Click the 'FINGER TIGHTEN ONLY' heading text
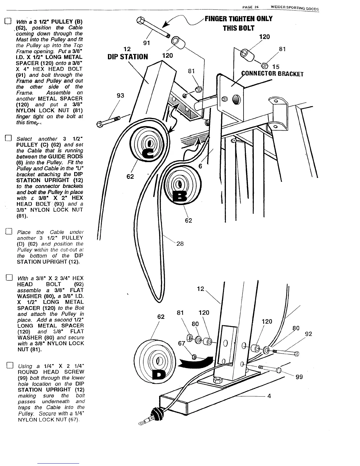239,19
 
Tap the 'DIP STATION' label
128,56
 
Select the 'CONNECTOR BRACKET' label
272,74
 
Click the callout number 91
147,43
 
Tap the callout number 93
121,95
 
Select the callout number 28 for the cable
180,243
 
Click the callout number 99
299,377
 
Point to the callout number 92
309,334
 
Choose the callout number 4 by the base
269,396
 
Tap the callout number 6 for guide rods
200,166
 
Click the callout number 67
181,343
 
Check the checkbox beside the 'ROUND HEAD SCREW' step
9,366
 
